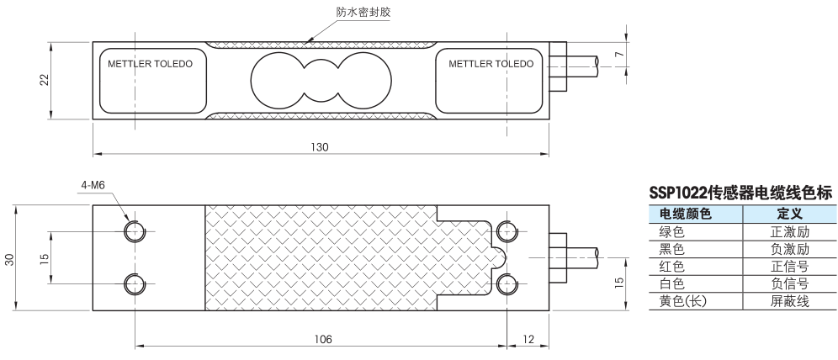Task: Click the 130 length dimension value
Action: tap(319, 147)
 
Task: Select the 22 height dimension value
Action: tap(45, 79)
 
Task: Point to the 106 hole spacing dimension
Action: tap(322, 339)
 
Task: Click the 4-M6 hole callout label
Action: tap(93, 185)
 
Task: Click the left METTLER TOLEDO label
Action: tap(151, 64)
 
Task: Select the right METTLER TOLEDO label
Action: tap(491, 64)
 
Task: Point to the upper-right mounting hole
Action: tap(506, 231)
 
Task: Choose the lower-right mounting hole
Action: tap(506, 283)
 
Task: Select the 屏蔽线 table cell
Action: tap(789, 300)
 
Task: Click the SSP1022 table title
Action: tap(740, 193)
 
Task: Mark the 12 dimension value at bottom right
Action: tap(528, 339)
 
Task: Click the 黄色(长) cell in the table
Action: tap(683, 300)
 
